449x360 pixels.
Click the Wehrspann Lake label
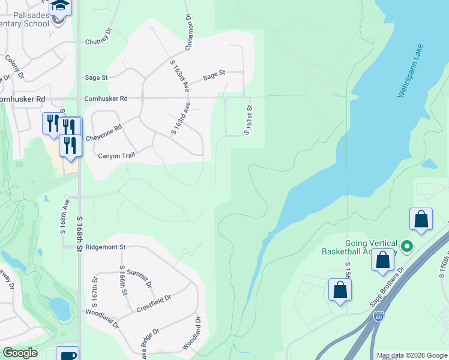coord(411,71)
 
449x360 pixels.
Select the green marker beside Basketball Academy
coord(406,246)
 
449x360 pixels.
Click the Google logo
coord(20,353)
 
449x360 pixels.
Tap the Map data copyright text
coord(412,355)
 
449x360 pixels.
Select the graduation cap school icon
coord(59,7)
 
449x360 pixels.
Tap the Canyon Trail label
coord(116,155)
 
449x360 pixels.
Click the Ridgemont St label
coord(105,247)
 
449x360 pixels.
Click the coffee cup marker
coord(67,355)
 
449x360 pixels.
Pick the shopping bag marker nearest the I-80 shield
coord(340,289)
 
